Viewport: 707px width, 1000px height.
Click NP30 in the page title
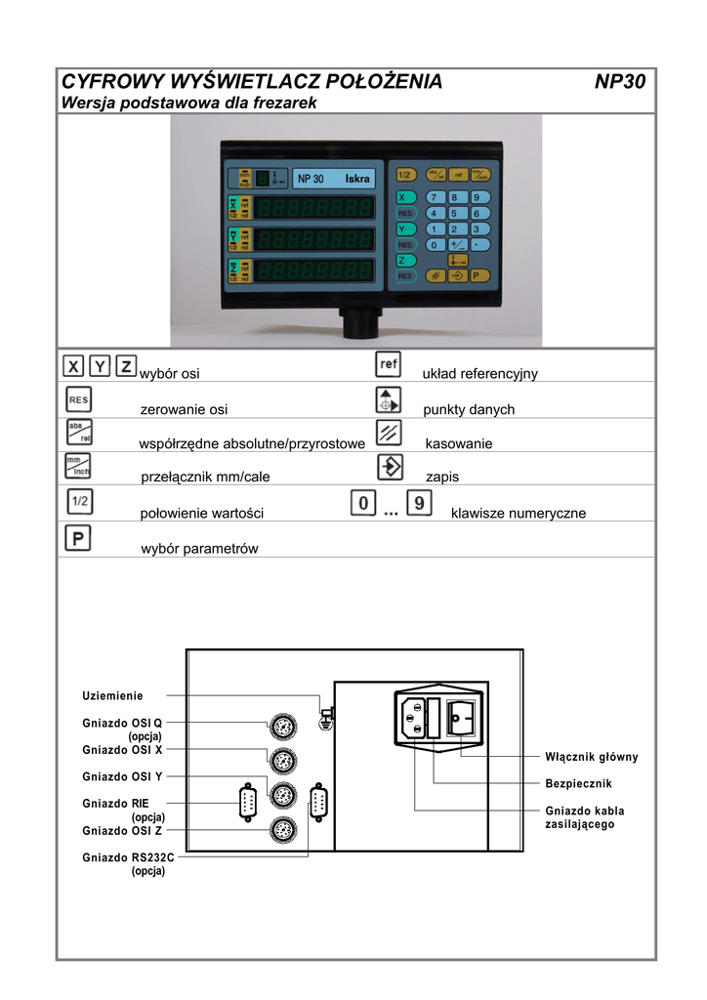coord(620,82)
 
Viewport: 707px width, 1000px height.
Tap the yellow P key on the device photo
coord(477,275)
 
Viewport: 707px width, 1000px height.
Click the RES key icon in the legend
coord(78,399)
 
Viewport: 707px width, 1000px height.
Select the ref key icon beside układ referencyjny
coord(389,364)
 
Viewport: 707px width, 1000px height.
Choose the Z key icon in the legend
coord(125,366)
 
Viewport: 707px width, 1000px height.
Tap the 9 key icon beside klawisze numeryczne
coord(419,505)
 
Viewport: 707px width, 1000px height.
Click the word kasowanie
coord(459,443)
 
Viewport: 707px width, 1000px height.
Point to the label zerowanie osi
coord(185,410)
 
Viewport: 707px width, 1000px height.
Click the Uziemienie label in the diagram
coord(112,696)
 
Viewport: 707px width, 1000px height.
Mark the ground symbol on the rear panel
coord(325,721)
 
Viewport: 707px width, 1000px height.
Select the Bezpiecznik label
coord(577,784)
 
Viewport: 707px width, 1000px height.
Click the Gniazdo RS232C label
coord(129,856)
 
